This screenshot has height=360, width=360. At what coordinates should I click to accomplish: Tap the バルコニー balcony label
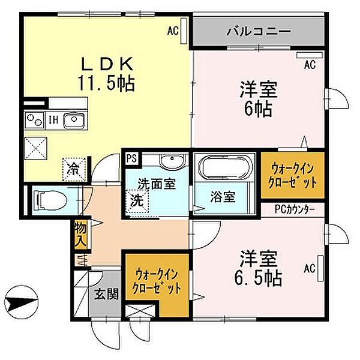click(x=259, y=32)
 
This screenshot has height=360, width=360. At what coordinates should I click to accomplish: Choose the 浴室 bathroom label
click(x=222, y=196)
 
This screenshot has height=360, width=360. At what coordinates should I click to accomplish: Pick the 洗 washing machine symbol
click(x=137, y=199)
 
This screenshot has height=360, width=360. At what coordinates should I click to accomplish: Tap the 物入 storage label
click(x=80, y=235)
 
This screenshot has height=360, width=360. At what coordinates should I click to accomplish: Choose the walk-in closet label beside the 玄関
click(x=158, y=283)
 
